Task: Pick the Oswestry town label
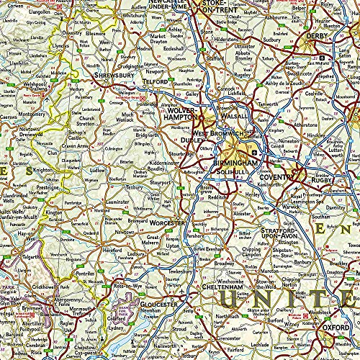[70, 32]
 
